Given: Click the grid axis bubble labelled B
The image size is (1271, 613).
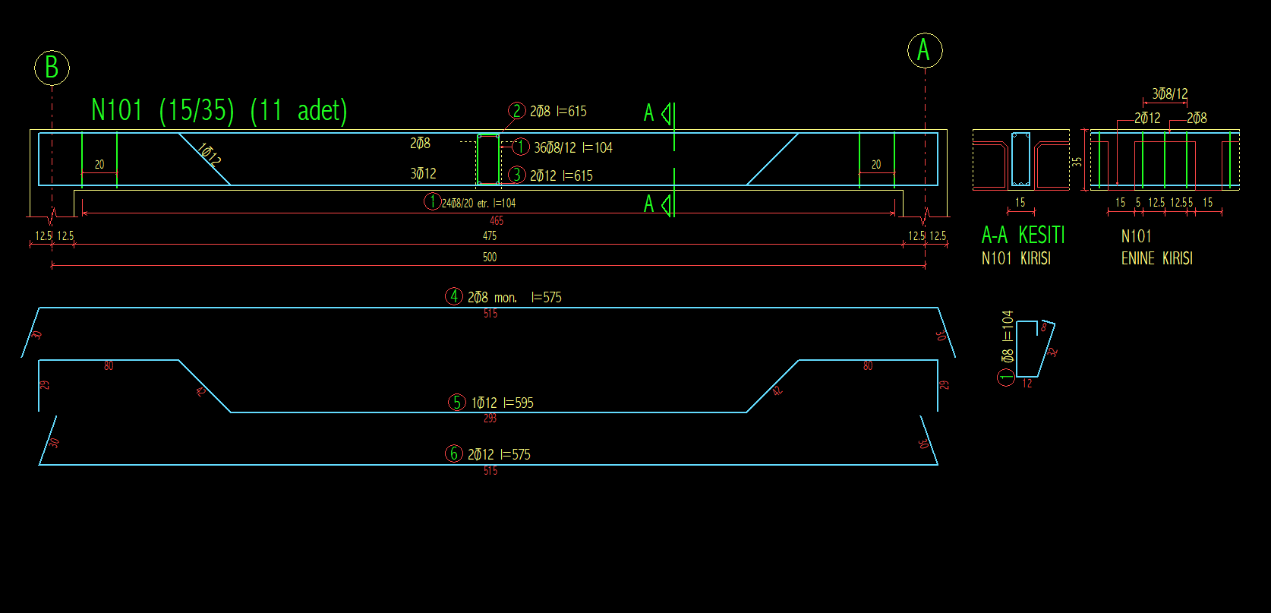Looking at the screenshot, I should click(x=52, y=68).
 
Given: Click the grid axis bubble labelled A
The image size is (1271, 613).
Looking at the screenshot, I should click(x=924, y=50).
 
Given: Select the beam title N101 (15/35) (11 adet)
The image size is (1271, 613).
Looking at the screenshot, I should click(x=219, y=111).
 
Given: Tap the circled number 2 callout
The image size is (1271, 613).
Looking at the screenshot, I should click(x=516, y=111).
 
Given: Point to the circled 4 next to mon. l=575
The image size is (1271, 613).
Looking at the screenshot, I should click(x=454, y=296).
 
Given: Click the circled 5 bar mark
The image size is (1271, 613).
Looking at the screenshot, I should click(x=456, y=402).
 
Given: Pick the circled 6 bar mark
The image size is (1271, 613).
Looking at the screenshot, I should click(x=453, y=453).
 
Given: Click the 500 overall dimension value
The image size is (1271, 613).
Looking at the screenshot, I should click(x=490, y=258).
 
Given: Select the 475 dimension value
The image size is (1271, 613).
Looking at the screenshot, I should click(x=490, y=236).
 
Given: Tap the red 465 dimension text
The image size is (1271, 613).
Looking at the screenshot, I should click(x=497, y=221).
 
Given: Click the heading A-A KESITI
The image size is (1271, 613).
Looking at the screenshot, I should click(x=1023, y=235).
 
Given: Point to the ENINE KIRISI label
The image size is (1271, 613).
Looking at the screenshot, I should click(x=1156, y=259).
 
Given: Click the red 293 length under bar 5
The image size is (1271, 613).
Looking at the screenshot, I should click(x=490, y=419).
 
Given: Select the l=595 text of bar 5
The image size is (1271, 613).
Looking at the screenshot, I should click(x=519, y=403).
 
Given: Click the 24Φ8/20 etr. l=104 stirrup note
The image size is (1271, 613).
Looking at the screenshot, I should click(x=478, y=204).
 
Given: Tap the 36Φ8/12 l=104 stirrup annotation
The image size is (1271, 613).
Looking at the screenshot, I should click(x=572, y=148).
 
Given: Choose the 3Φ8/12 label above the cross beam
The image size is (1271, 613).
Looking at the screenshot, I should click(x=1169, y=94).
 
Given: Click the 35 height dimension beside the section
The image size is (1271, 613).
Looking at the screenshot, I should click(x=1077, y=162).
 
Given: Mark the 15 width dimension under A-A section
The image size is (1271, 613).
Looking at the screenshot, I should click(x=1020, y=203).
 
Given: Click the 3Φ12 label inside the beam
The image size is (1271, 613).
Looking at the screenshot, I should click(x=423, y=174).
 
